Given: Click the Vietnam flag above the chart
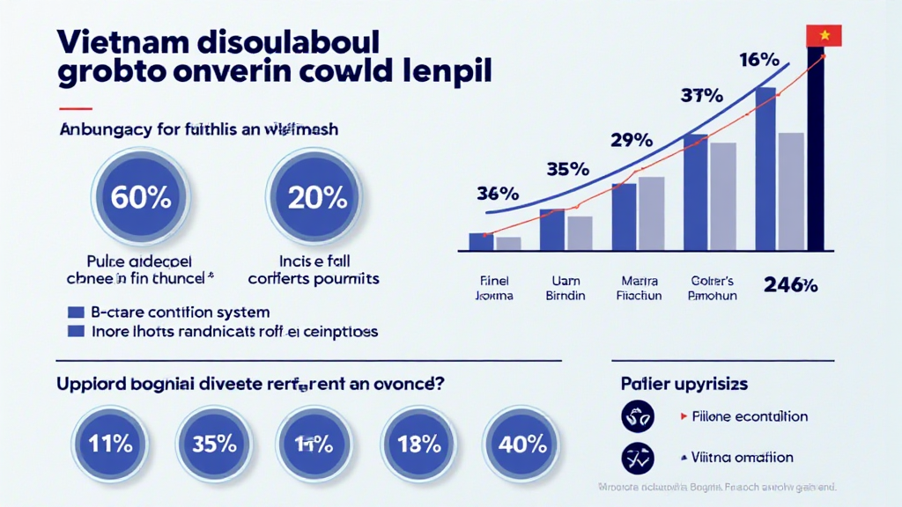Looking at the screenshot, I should coord(824,35).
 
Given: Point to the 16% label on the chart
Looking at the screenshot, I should coord(758,62).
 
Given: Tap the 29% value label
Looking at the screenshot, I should coord(630,140).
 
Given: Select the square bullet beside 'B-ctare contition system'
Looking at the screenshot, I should coord(75,312).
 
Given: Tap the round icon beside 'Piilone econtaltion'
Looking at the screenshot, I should coord(638,416).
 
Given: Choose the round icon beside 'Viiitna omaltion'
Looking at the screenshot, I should coord(638,457).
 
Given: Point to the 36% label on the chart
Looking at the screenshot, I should coord(499,193).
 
